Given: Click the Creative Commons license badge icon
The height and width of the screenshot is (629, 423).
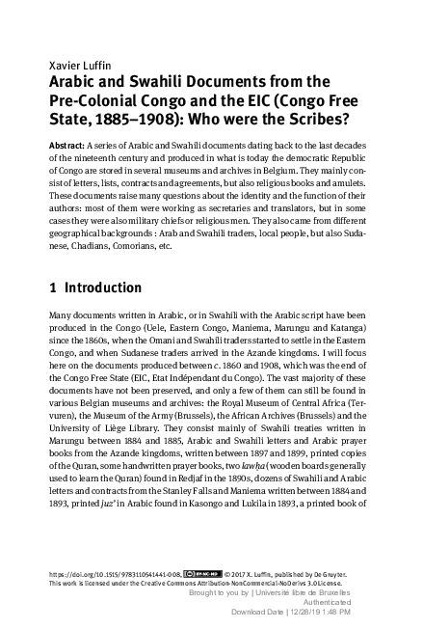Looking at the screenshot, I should point(191,571).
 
